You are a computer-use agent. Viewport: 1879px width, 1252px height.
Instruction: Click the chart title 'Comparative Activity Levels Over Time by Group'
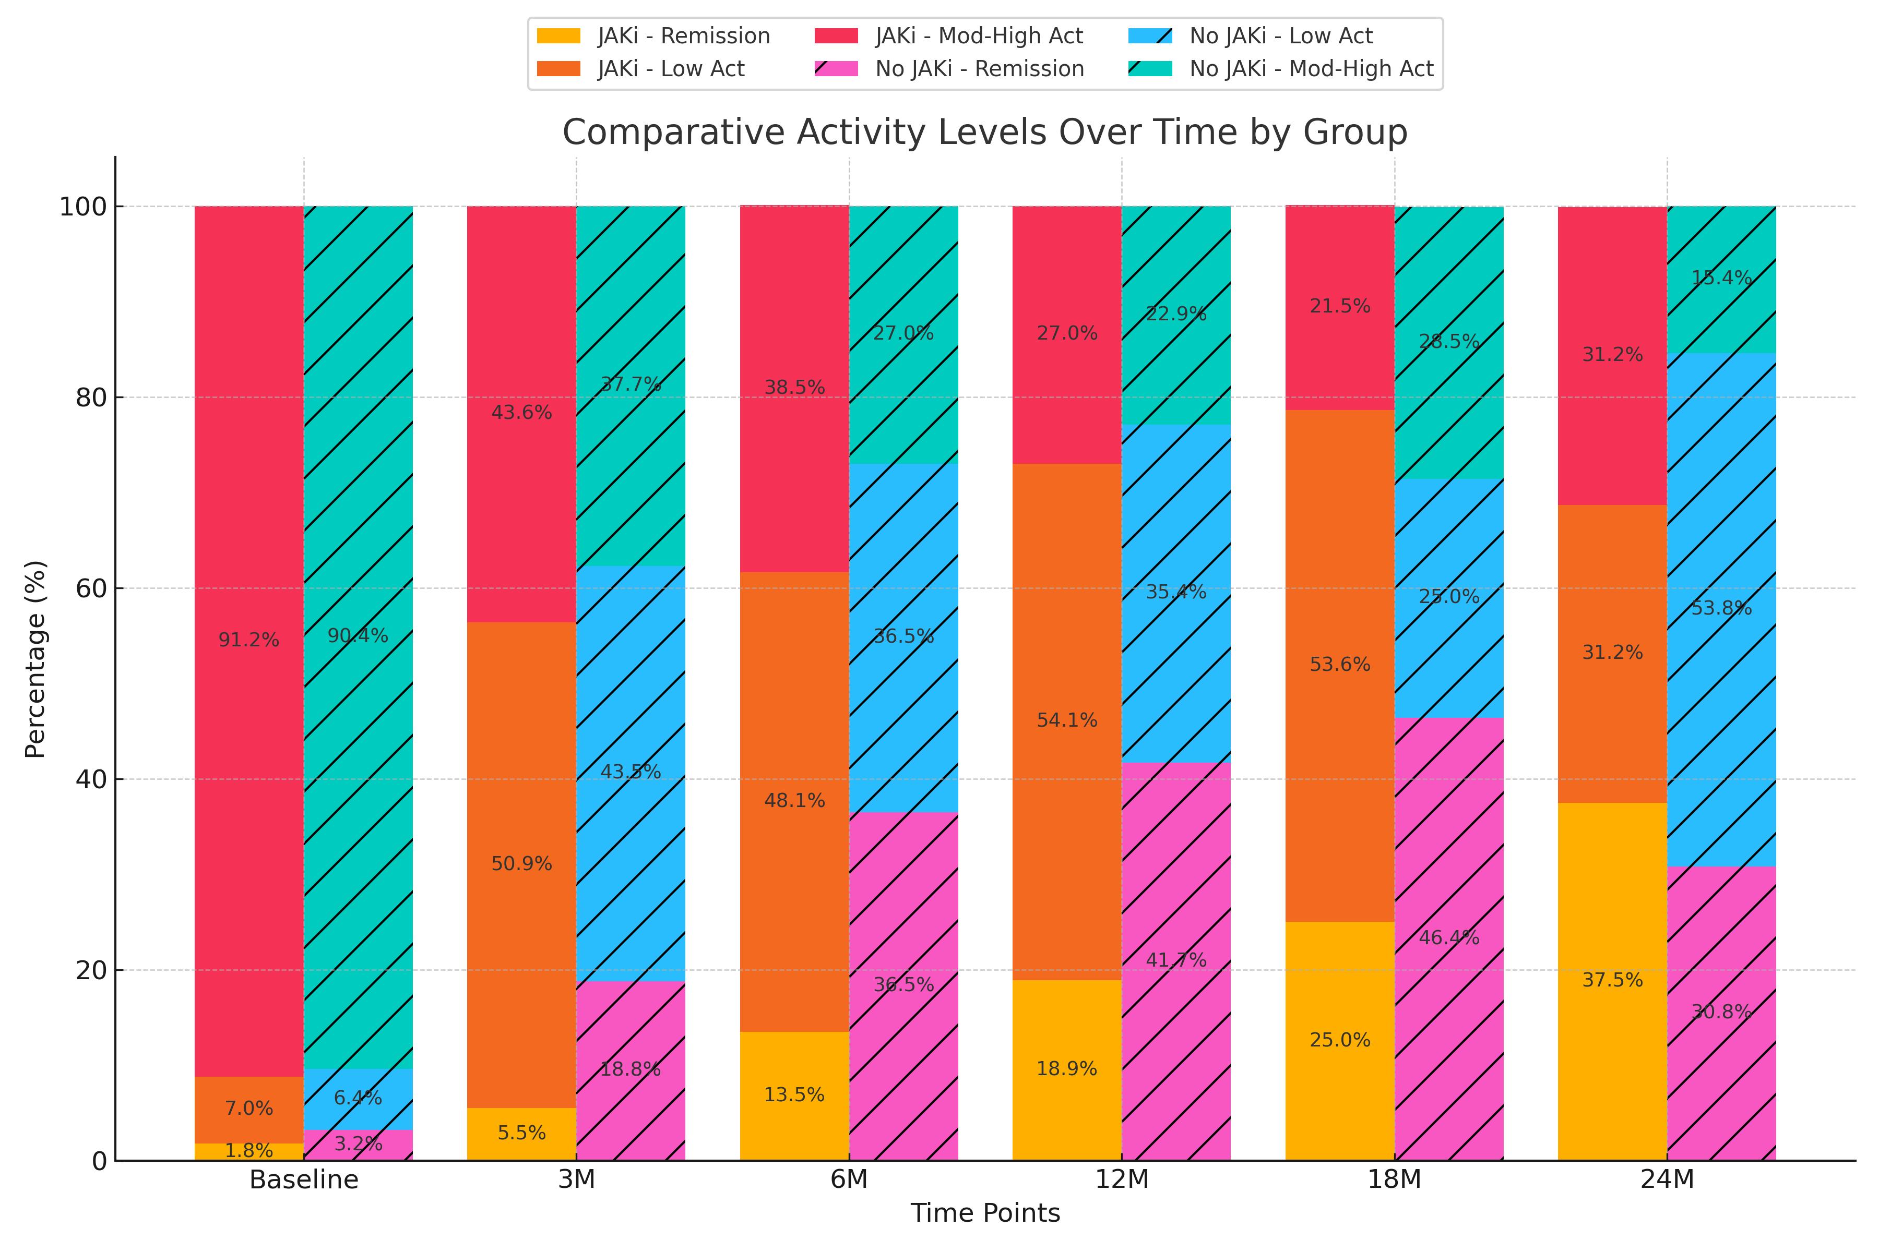tap(984, 133)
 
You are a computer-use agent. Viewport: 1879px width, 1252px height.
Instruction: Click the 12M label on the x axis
tap(1122, 1179)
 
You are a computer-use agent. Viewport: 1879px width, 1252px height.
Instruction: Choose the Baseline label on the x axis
tap(304, 1179)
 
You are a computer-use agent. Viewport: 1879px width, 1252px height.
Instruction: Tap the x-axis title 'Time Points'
tap(985, 1213)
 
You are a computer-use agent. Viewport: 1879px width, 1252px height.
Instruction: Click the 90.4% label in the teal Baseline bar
tap(358, 635)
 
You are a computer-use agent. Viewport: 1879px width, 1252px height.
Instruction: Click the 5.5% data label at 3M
tap(521, 1133)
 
